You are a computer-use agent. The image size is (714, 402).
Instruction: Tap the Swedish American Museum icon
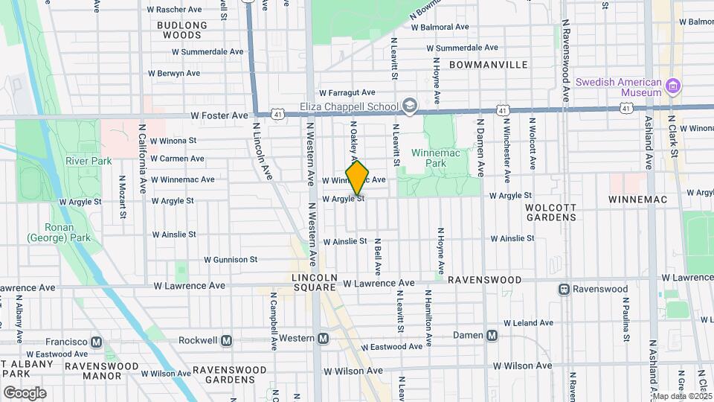(x=674, y=86)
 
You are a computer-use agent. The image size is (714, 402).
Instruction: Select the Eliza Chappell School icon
(x=410, y=106)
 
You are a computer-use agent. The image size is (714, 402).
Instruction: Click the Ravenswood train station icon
(x=565, y=289)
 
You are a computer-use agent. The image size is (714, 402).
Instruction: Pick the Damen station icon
(x=492, y=336)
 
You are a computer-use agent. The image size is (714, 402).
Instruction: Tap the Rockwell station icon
(x=227, y=340)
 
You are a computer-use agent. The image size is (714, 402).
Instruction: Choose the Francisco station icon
(x=96, y=342)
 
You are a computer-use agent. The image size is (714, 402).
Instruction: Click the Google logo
(x=25, y=392)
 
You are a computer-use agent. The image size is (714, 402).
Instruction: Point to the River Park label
(x=88, y=161)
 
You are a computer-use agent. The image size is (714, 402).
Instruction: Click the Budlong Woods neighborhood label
(x=182, y=30)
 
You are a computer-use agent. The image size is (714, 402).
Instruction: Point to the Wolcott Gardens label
(x=551, y=211)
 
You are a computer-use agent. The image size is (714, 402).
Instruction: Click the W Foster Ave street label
(x=219, y=115)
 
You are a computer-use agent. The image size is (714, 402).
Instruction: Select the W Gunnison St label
(x=231, y=260)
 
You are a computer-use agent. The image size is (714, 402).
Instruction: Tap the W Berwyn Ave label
(x=174, y=73)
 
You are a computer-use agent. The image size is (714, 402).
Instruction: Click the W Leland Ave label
(x=529, y=323)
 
